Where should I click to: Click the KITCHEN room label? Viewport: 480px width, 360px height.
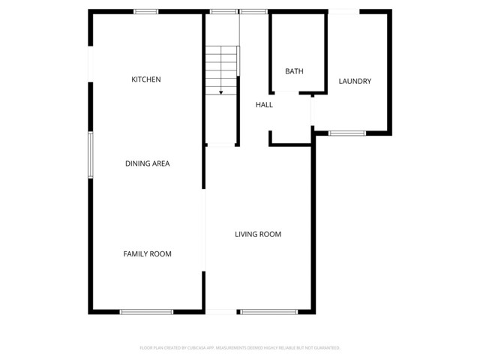pyautogui.click(x=146, y=79)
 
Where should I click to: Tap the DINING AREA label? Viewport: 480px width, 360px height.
pyautogui.click(x=147, y=163)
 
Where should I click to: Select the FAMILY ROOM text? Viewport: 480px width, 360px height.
pyautogui.click(x=147, y=254)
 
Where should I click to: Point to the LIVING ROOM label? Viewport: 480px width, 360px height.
pyautogui.click(x=258, y=235)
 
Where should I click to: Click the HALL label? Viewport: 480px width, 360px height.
pyautogui.click(x=264, y=105)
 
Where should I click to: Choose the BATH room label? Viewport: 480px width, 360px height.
pyautogui.click(x=294, y=71)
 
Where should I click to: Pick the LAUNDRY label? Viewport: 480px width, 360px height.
pyautogui.click(x=355, y=81)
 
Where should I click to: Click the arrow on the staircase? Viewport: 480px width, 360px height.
pyautogui.click(x=221, y=91)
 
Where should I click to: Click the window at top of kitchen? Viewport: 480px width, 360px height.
pyautogui.click(x=146, y=11)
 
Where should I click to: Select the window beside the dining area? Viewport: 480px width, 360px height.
pyautogui.click(x=90, y=155)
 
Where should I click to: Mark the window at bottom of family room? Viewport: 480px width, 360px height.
pyautogui.click(x=146, y=311)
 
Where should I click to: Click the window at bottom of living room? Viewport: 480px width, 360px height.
pyautogui.click(x=268, y=311)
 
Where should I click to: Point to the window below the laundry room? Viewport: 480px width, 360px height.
pyautogui.click(x=347, y=133)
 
